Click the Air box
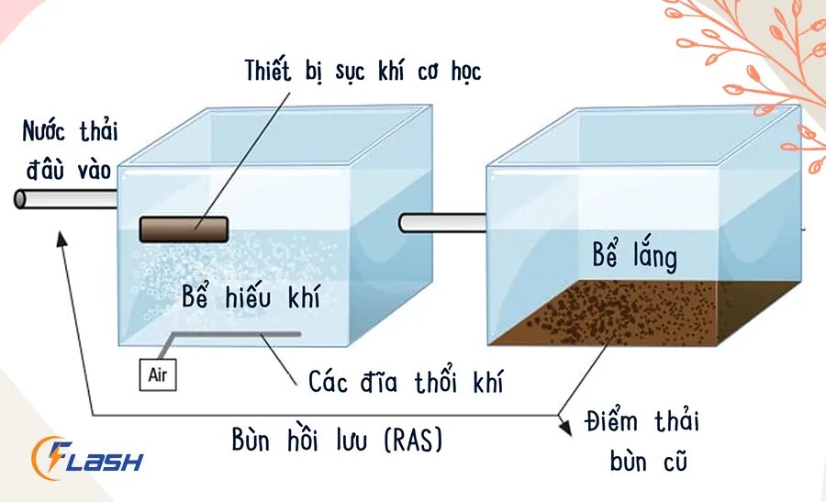(156, 374)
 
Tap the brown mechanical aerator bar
(184, 229)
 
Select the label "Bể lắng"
(634, 256)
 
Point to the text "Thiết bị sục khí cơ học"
(363, 71)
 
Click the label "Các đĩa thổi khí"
(405, 380)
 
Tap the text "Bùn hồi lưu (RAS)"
(337, 441)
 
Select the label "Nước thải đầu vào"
(70, 148)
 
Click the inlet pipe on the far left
(64, 197)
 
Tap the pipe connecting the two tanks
(442, 222)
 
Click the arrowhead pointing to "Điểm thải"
(562, 418)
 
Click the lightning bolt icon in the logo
(50, 456)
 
